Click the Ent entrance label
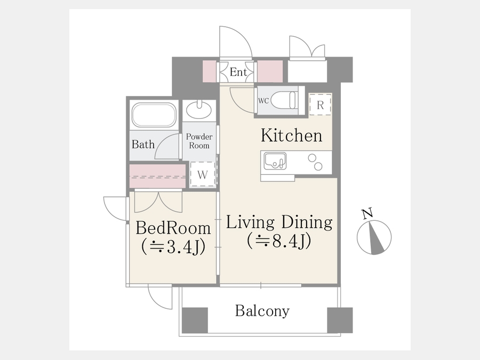[x=238, y=72]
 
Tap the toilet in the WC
[x=284, y=100]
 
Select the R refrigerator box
[x=320, y=105]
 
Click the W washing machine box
[x=202, y=174]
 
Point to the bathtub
[x=154, y=115]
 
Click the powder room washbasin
[x=199, y=109]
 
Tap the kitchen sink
[x=275, y=161]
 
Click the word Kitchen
[x=291, y=135]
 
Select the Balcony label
[x=262, y=311]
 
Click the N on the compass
[x=367, y=213]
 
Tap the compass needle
[x=376, y=238]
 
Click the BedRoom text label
[x=173, y=228]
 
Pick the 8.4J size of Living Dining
[x=279, y=241]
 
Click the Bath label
[x=143, y=144]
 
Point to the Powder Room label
[x=199, y=141]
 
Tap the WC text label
[x=263, y=101]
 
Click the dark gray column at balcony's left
[x=195, y=320]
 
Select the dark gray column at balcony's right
[x=340, y=320]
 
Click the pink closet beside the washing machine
[x=158, y=176]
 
